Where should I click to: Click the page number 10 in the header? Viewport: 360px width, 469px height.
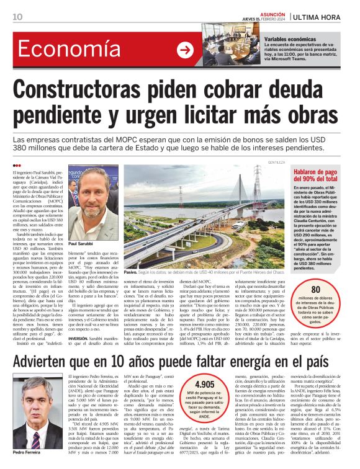coord(17,17)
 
